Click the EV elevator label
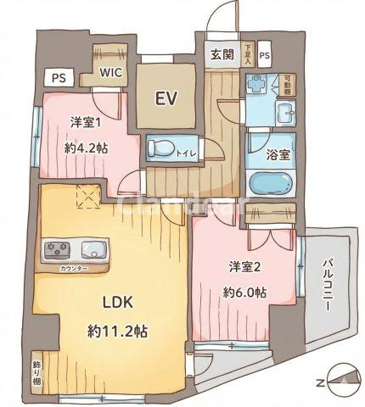click(x=166, y=98)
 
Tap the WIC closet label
click(x=112, y=73)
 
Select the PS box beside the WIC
click(x=58, y=78)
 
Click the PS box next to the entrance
click(x=265, y=57)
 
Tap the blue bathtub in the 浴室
click(x=271, y=183)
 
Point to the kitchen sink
click(x=93, y=250)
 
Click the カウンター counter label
click(x=73, y=269)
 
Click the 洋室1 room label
click(x=86, y=121)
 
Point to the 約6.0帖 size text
click(x=245, y=293)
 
